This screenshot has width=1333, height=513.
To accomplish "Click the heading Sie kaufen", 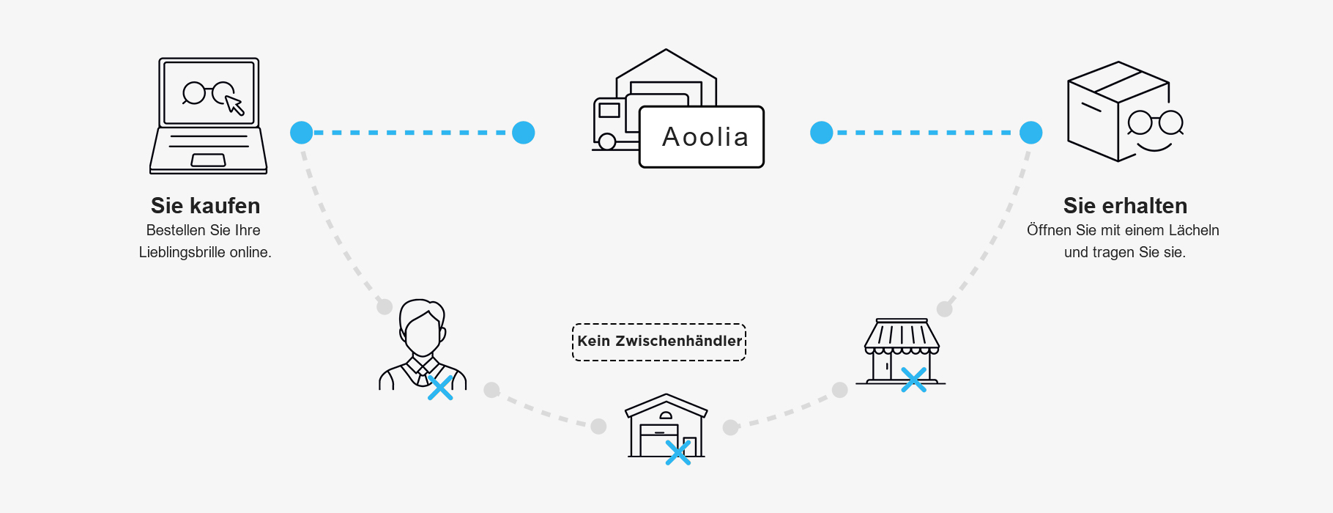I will [205, 206].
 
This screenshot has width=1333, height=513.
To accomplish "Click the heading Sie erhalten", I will [1125, 206].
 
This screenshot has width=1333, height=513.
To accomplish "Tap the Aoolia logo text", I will [705, 138].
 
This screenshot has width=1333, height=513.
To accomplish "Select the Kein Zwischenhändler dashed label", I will [659, 342].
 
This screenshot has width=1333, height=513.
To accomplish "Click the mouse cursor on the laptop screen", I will [234, 106].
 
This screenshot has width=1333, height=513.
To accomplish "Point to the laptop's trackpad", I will [209, 160].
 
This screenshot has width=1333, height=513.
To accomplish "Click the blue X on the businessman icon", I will [439, 388].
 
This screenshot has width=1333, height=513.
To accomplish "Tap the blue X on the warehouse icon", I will [678, 452].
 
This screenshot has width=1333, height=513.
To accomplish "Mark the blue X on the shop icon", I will [913, 380].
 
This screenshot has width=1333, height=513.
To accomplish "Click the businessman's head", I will [422, 330].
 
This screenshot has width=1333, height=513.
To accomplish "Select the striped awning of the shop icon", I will [902, 336].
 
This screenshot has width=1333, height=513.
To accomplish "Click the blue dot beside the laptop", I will [302, 133].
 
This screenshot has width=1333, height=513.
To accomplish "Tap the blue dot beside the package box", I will [1031, 133].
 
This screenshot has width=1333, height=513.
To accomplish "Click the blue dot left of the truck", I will [523, 133].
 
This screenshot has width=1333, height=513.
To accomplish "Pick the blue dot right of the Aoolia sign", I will [822, 133].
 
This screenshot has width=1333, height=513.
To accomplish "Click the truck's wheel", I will [607, 142].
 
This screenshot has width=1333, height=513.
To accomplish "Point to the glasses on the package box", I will [1155, 122].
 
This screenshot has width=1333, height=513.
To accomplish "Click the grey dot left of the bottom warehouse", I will [598, 426].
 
